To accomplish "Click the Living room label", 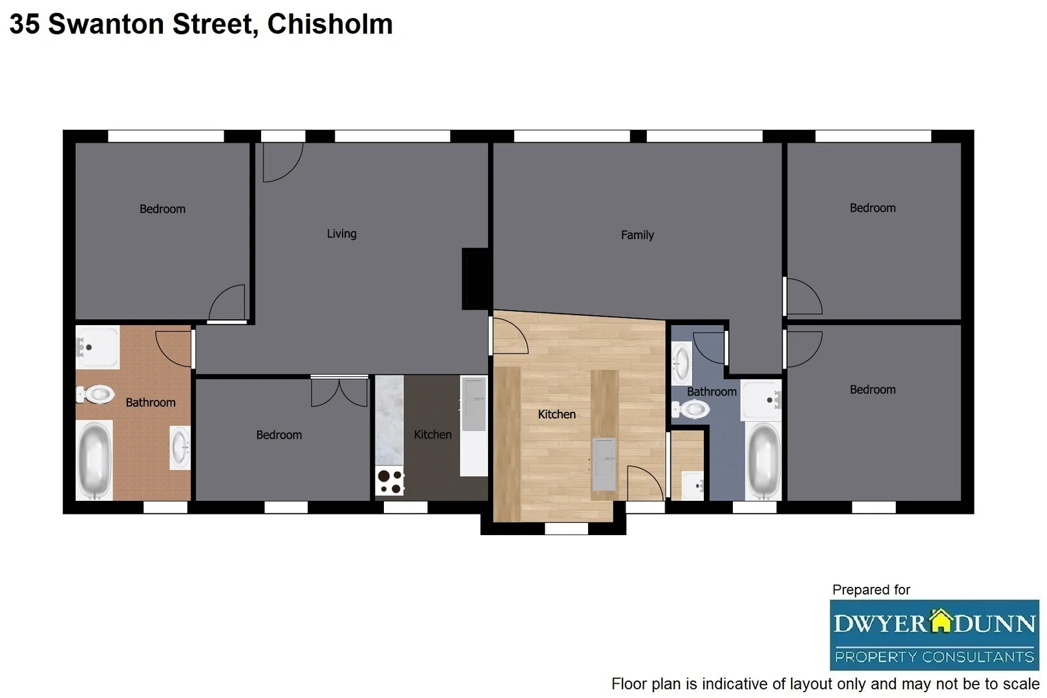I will [341, 233].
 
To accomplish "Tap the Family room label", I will [637, 235].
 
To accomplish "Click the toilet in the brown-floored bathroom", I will [96, 394].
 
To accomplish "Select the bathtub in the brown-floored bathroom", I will [94, 460].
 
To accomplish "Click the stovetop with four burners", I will [390, 481].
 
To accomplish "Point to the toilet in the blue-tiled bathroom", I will [691, 409].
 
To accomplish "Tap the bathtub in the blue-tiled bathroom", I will [763, 460].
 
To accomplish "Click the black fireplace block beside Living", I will [476, 279].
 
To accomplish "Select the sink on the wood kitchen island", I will [604, 463].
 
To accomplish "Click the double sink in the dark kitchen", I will [474, 405].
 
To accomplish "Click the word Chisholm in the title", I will [330, 24].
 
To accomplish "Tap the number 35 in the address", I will [25, 24].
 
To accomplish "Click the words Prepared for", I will [871, 589].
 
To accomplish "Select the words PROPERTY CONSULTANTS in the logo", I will [934, 657].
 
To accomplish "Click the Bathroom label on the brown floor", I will [150, 402].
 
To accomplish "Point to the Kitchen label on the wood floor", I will [556, 414].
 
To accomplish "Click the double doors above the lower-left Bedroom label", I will [339, 392].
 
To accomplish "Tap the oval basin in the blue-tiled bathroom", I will [681, 363].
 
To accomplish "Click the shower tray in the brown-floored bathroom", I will [98, 347].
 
